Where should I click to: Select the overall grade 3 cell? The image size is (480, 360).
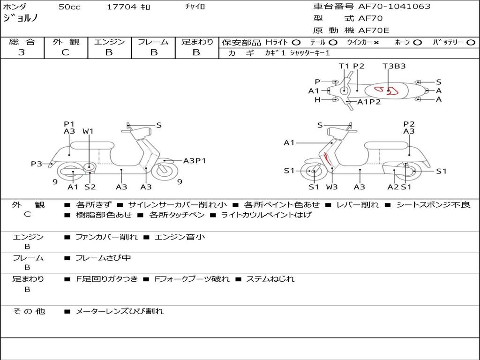pos(22,52)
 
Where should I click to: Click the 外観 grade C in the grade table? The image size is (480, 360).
pos(66,52)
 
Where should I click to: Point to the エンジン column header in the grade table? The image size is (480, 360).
pos(109,42)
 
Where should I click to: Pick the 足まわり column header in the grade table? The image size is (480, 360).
pos(197,42)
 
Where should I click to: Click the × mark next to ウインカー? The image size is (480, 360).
pos(376,43)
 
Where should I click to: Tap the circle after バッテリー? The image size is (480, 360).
pos(471,43)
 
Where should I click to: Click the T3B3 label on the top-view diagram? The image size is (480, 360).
pos(394,66)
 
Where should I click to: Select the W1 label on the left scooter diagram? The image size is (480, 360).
pos(88,131)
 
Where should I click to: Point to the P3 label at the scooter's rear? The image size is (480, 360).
pos(37,164)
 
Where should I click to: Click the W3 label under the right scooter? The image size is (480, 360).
pos(332,187)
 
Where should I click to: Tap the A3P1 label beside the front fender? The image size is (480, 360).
pos(195,161)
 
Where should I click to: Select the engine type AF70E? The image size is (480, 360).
pos(374,31)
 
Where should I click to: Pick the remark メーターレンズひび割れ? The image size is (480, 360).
pos(120,311)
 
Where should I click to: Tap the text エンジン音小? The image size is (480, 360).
pos(180,237)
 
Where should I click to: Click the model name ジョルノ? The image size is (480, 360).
pos(21,18)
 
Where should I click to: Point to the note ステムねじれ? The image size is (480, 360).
pos(270,279)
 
